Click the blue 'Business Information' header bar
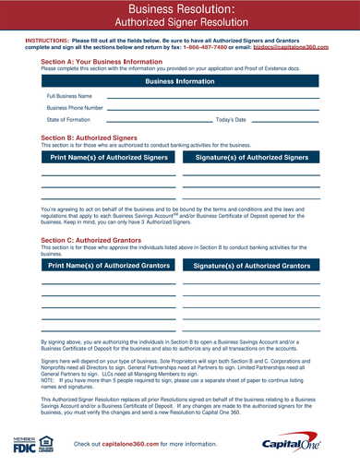tap(180, 81)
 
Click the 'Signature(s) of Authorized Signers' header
tap(251, 158)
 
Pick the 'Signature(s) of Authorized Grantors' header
tap(251, 265)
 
